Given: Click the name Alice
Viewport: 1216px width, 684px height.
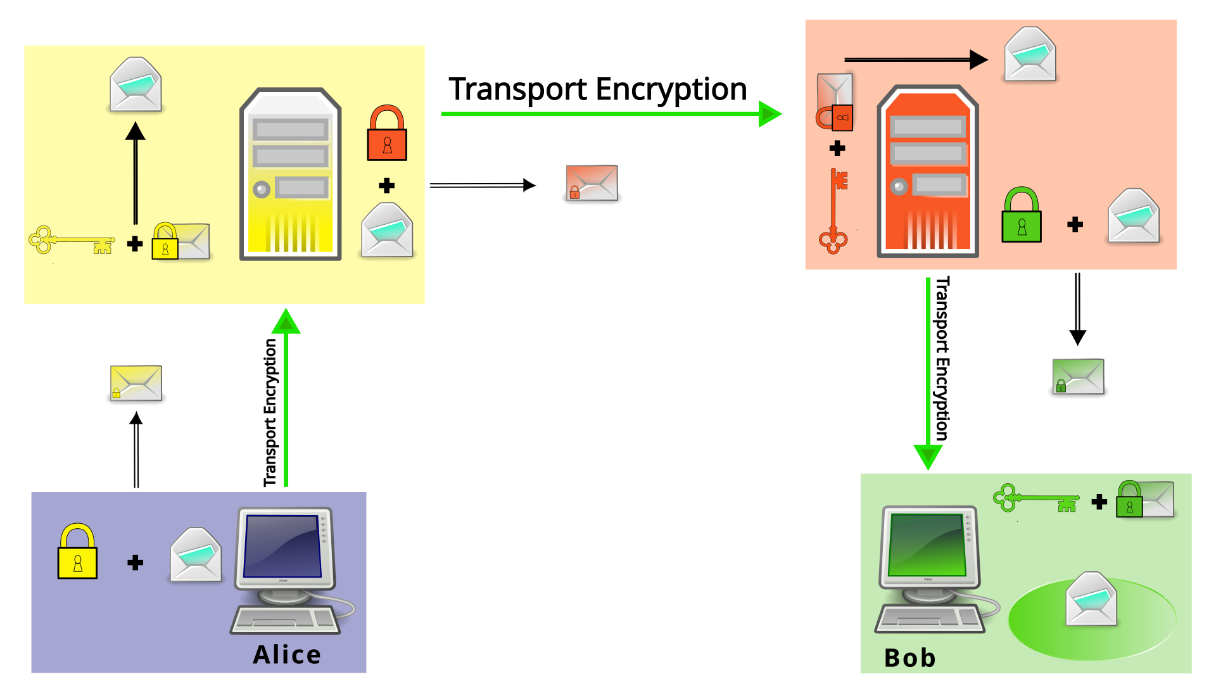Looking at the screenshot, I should click(x=287, y=654).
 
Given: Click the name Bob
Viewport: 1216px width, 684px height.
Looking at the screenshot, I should click(x=909, y=658).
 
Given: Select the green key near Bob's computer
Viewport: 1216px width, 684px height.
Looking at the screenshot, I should click(x=1035, y=498).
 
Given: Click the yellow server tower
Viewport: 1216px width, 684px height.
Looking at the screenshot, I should click(x=291, y=175).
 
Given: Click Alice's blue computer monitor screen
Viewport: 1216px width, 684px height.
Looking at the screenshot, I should click(x=282, y=545).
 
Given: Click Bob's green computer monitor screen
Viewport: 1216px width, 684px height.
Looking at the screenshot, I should click(x=927, y=544).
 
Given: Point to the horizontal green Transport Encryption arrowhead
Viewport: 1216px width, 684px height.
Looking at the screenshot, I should click(x=769, y=114).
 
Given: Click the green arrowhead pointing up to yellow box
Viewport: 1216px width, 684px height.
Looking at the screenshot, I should click(x=286, y=322).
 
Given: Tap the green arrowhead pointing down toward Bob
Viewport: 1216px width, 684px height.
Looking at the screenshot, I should click(x=928, y=456).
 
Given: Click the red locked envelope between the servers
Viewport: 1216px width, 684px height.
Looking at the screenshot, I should click(x=592, y=184).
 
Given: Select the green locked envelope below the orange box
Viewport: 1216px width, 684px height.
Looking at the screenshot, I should click(x=1078, y=377).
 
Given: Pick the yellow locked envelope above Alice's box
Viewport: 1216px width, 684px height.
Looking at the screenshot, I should click(x=136, y=383).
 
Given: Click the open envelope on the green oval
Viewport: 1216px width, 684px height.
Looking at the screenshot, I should click(x=1091, y=599).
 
